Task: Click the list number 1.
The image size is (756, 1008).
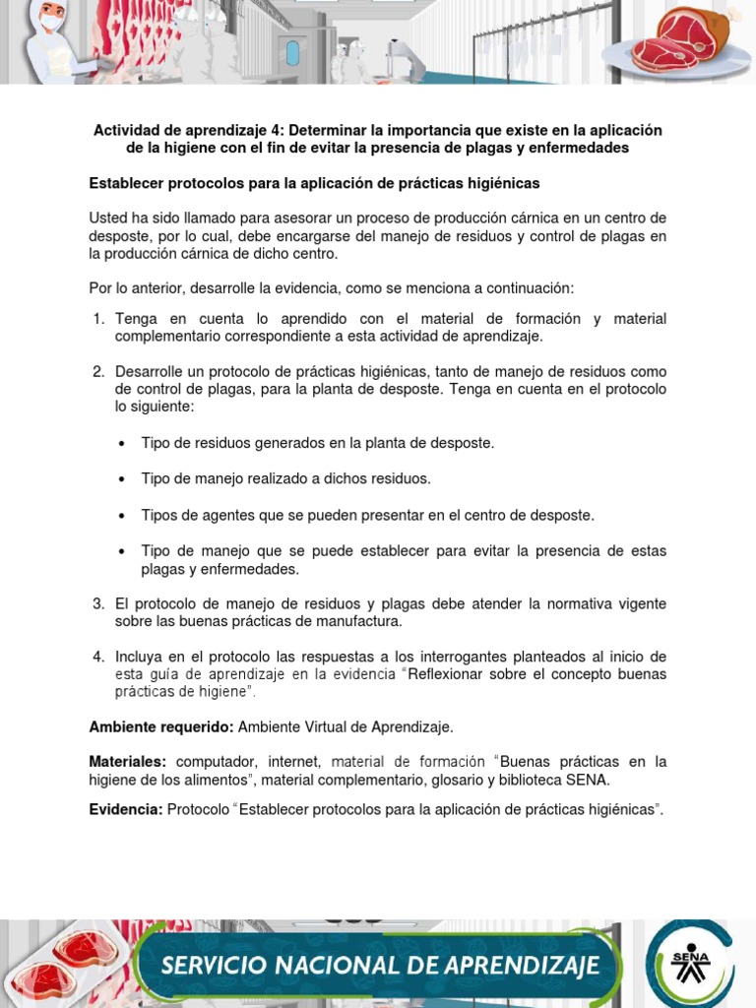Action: tap(98, 319)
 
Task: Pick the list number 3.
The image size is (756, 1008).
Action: tap(98, 603)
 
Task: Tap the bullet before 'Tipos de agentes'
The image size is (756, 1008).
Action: tap(121, 516)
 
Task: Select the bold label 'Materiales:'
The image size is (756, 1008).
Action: tap(128, 762)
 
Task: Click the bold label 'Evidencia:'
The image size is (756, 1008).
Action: tap(126, 809)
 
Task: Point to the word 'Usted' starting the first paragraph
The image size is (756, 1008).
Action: tap(108, 218)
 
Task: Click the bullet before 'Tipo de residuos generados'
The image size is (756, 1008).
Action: tap(121, 444)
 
